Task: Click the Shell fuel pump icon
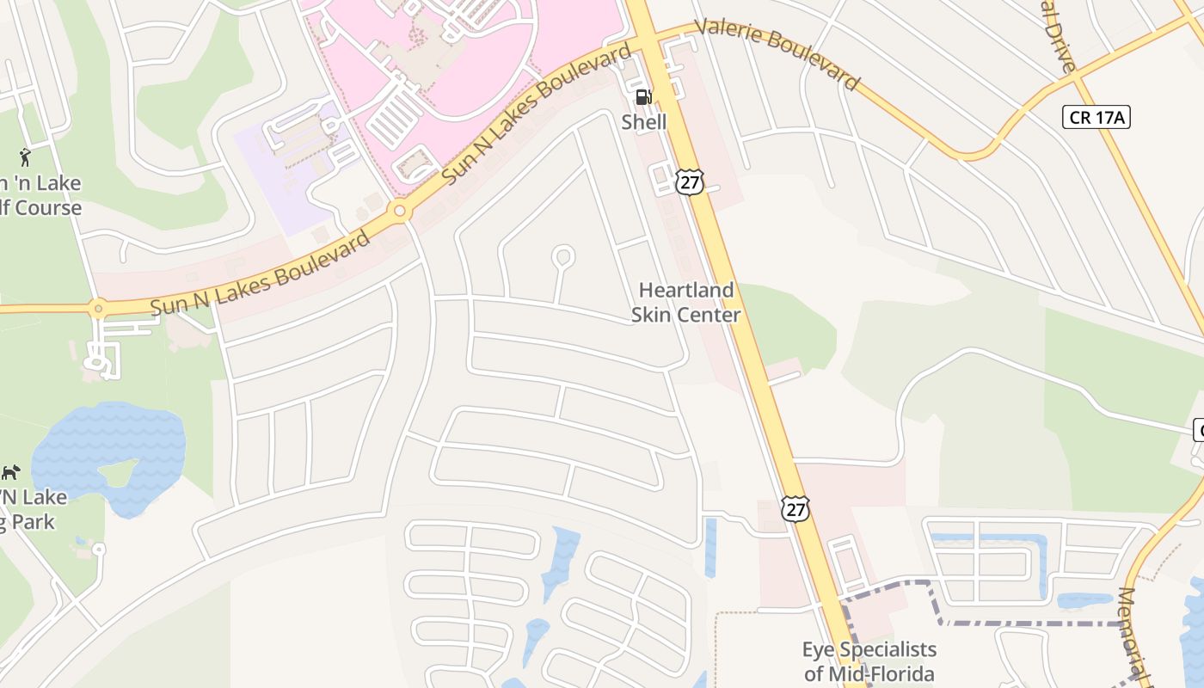(x=643, y=97)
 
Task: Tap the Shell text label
(x=643, y=122)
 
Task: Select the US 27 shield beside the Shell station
(x=690, y=181)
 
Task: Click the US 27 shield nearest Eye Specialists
(x=795, y=507)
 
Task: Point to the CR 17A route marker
(x=1096, y=117)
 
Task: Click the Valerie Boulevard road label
(x=777, y=52)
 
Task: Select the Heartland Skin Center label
(x=685, y=303)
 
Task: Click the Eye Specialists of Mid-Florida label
(x=869, y=661)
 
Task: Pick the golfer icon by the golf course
(x=26, y=157)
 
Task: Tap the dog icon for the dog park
(x=10, y=472)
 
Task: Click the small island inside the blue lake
(x=118, y=472)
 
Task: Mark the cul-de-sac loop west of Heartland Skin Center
(x=562, y=256)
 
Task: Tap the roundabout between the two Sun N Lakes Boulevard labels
(x=399, y=210)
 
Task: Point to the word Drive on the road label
(x=1060, y=43)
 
